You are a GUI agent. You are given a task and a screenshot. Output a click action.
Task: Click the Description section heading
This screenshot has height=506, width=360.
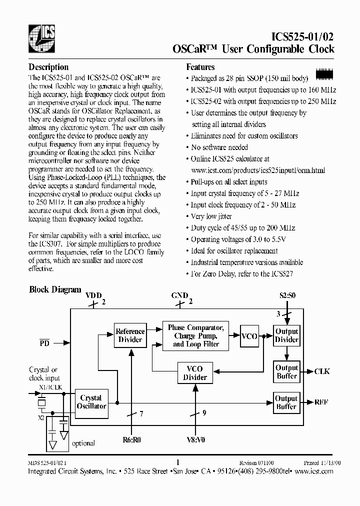(48, 67)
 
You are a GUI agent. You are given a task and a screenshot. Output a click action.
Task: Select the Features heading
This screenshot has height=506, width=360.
(200, 67)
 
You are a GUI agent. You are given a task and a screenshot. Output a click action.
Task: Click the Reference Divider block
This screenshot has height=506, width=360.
(130, 335)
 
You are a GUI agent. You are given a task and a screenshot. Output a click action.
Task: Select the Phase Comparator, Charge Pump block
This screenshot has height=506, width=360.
(195, 335)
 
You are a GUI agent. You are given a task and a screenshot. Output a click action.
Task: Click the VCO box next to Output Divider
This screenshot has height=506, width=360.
(249, 336)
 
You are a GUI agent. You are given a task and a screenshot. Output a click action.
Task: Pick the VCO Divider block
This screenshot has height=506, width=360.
(195, 373)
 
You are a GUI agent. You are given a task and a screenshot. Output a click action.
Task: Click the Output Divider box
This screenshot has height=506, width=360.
(286, 335)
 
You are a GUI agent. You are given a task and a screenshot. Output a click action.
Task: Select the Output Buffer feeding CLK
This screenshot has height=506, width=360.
(286, 372)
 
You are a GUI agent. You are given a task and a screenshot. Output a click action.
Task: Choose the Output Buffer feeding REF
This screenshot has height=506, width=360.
(286, 402)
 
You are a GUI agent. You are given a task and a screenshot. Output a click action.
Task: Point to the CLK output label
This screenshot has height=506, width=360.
(322, 371)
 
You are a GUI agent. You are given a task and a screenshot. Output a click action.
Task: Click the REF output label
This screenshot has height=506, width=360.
(321, 402)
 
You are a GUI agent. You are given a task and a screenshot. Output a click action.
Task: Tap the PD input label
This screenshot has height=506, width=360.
(44, 343)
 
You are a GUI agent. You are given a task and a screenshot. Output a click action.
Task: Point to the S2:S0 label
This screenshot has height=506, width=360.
(287, 295)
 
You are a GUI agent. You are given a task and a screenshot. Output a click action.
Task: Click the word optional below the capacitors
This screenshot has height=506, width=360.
(83, 443)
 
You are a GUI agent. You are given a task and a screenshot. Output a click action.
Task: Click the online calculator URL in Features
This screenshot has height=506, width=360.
(258, 170)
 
